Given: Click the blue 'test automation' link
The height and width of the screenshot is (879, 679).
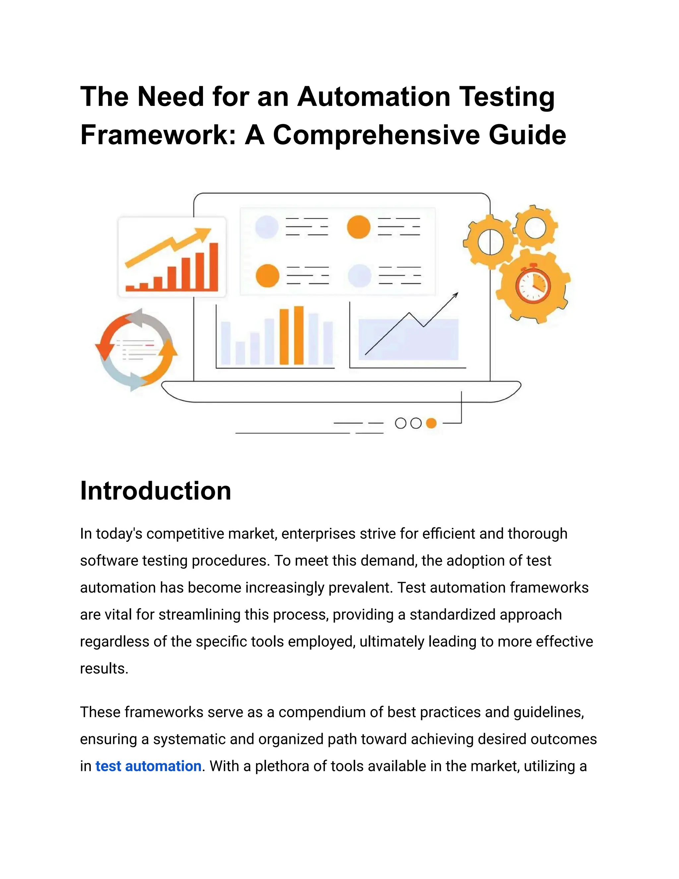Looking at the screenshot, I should click(x=148, y=766).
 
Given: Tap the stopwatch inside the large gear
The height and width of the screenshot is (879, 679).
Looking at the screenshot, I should click(x=533, y=286).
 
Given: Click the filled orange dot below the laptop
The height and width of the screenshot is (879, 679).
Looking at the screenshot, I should click(x=431, y=423).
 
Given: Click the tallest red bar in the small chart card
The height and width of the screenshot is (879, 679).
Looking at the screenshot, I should click(x=214, y=266).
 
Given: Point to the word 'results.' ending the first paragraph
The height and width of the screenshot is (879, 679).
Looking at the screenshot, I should click(x=104, y=668).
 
